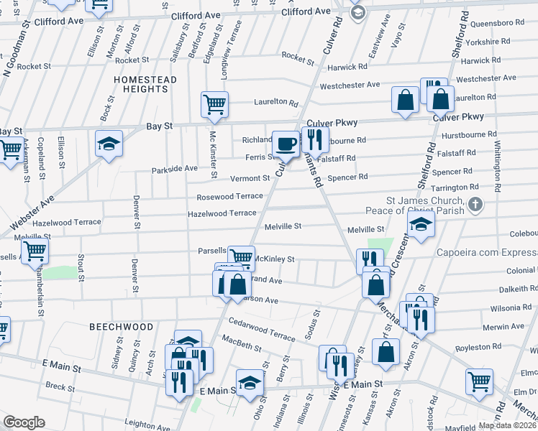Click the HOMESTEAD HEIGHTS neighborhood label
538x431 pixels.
point(145,83)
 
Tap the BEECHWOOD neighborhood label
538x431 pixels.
point(122,327)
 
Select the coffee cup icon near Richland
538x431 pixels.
point(286,143)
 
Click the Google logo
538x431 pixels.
point(24,422)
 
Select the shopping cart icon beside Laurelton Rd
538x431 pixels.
point(214,104)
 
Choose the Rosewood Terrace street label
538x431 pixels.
point(230,197)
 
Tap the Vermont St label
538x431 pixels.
point(250,178)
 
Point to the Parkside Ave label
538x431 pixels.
point(174,170)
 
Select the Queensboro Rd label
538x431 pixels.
point(490,23)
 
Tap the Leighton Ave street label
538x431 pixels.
point(146,425)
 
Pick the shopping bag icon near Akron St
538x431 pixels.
point(386,352)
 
